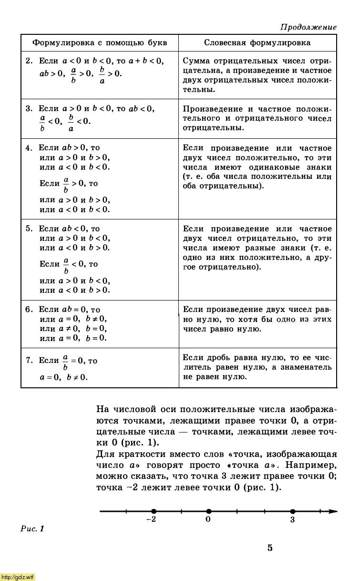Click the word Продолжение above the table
308,27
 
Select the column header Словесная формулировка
257,43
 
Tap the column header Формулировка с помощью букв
100,43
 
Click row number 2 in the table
29,61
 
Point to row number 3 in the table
29,109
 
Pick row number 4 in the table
29,148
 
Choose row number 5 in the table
29,229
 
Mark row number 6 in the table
29,310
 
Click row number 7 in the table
29,361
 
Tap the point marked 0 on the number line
208,511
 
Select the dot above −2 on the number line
153,511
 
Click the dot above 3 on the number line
292,511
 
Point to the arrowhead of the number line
333,511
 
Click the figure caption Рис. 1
32,529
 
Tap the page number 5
270,548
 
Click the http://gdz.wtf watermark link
18,577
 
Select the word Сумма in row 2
197,61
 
